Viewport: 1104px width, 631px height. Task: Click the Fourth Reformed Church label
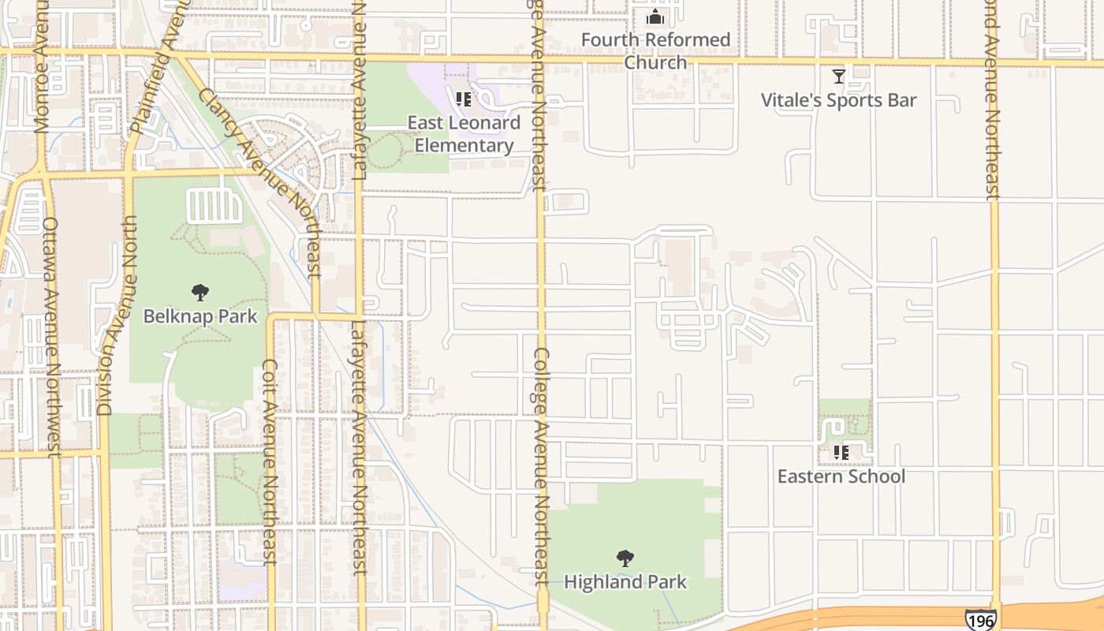pos(655,50)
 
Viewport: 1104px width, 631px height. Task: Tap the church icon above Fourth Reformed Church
pos(655,17)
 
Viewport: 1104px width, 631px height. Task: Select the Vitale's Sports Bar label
pos(838,100)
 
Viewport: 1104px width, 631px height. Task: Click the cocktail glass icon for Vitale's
pos(839,77)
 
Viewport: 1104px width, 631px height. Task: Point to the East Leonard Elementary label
pos(464,134)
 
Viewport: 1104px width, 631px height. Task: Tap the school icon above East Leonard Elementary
pos(464,99)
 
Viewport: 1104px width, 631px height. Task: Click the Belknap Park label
pos(200,316)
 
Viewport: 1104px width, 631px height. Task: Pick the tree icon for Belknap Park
pos(200,293)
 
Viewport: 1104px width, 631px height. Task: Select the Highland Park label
pos(625,582)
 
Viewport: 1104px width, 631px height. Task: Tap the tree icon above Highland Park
pos(625,558)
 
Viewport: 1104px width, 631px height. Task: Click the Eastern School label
pos(841,476)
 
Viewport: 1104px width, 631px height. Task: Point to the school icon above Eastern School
pos(841,453)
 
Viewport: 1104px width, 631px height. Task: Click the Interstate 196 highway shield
pos(979,620)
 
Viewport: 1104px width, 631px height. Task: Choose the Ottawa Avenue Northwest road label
pos(52,337)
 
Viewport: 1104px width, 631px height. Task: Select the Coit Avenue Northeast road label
pos(270,462)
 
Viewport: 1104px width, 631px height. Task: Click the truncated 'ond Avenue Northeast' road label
pos(993,99)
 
